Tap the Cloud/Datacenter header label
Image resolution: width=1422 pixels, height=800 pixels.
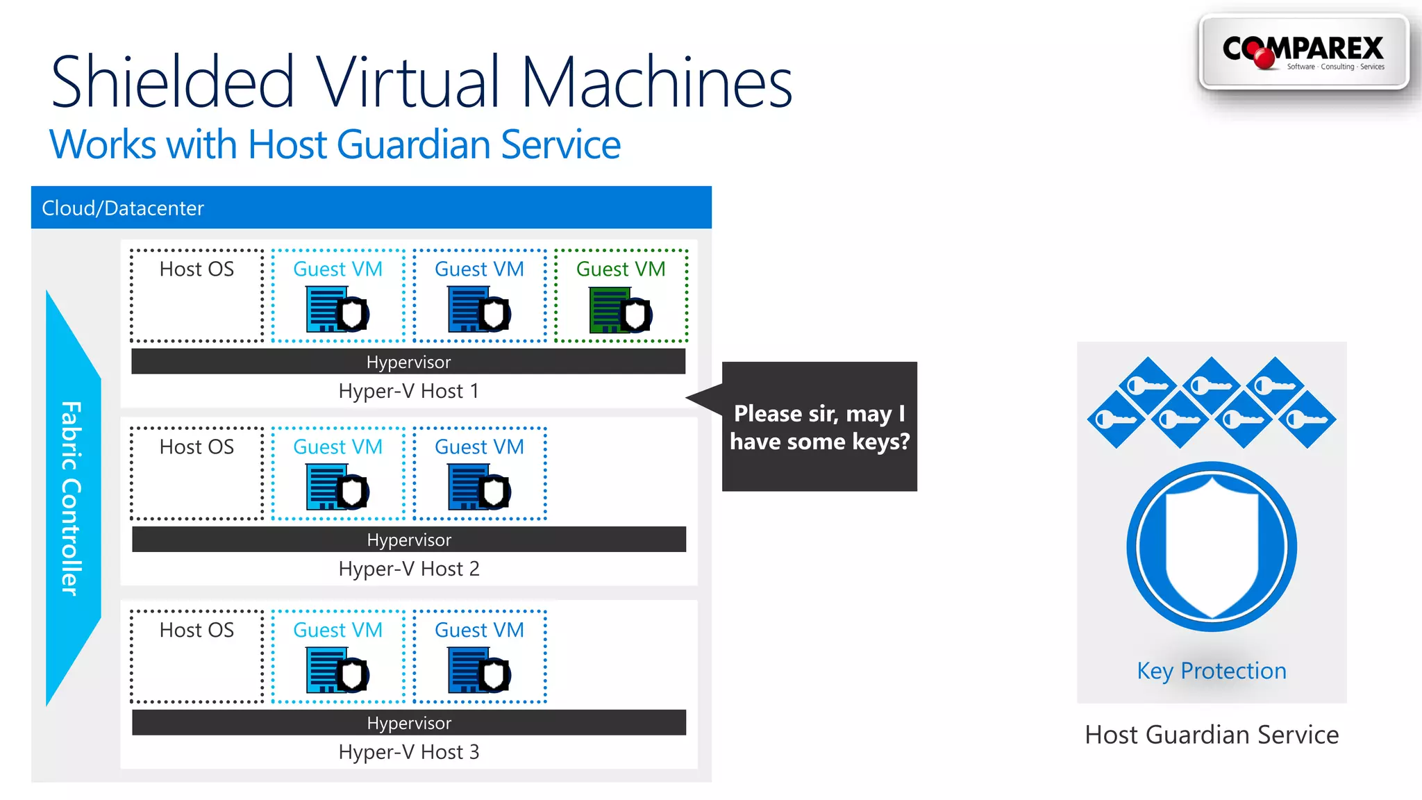[123, 208]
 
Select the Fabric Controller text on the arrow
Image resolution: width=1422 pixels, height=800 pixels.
[71, 498]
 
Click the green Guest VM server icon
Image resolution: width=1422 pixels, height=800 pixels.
[619, 310]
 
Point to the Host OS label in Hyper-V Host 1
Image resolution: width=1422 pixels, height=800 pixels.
[196, 269]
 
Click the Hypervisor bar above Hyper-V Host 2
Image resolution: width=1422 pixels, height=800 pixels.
[409, 540]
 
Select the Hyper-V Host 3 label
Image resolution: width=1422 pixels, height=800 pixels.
[409, 752]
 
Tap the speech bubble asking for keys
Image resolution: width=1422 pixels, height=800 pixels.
[819, 427]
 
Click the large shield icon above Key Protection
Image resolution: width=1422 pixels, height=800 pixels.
[1212, 547]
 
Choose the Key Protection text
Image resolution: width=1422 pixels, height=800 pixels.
[1212, 671]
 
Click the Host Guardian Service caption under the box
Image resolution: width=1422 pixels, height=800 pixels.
[1212, 735]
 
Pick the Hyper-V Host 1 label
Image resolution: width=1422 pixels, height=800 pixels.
[409, 391]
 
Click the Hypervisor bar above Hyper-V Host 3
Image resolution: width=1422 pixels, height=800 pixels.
[409, 723]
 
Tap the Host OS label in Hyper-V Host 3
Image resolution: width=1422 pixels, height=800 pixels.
[196, 631]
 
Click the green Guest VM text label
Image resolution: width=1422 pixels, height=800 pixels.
[621, 269]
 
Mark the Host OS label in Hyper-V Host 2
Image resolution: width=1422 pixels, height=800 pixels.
[196, 447]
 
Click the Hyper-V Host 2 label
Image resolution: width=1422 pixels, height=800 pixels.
[409, 569]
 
